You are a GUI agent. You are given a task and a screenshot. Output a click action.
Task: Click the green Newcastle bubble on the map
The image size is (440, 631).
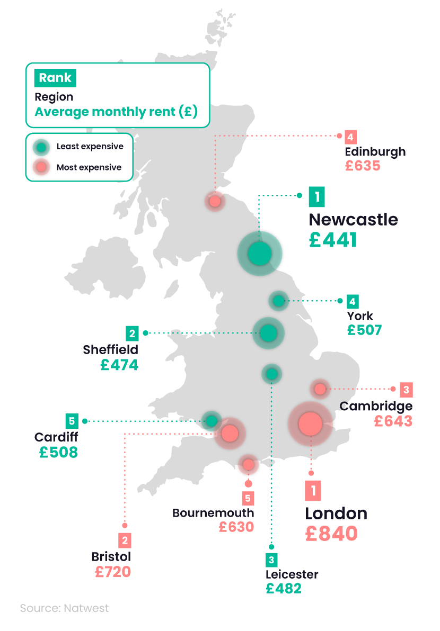(x=259, y=254)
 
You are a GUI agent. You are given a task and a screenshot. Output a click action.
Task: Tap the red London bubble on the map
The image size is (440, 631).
(x=310, y=423)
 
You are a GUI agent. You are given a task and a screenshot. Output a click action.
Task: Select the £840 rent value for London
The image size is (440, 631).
(x=331, y=533)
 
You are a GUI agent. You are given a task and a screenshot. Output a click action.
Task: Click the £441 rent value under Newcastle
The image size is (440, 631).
(x=333, y=240)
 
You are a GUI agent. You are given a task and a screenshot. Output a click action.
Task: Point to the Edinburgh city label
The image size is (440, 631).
(x=375, y=151)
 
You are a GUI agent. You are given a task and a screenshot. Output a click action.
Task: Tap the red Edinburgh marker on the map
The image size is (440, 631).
(x=215, y=202)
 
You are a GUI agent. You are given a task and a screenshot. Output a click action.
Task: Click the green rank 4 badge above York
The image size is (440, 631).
(x=352, y=302)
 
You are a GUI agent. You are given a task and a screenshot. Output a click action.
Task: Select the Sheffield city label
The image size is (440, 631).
(x=110, y=349)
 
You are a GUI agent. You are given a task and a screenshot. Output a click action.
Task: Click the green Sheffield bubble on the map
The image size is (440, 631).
(x=268, y=333)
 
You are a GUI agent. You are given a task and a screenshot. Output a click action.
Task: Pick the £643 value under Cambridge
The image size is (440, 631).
(x=393, y=421)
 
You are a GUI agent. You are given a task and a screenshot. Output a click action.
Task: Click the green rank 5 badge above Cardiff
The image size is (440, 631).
(x=72, y=421)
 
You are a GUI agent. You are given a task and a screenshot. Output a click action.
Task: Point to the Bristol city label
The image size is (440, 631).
(x=111, y=557)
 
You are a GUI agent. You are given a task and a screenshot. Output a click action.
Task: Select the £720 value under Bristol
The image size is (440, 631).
(x=112, y=572)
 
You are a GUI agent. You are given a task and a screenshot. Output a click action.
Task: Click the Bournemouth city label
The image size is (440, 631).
(x=213, y=513)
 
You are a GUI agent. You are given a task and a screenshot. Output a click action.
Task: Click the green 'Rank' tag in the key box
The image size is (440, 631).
(x=55, y=78)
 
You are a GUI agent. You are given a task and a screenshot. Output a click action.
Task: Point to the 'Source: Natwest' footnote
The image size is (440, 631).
(x=64, y=608)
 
